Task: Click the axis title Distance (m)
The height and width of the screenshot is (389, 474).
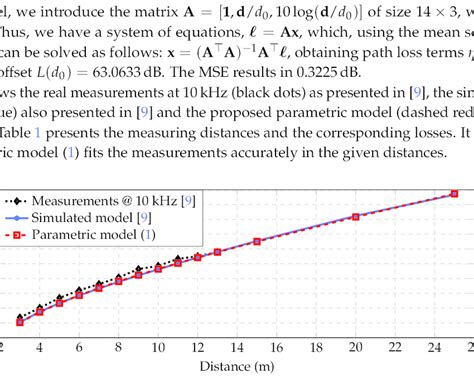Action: pos(236,366)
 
